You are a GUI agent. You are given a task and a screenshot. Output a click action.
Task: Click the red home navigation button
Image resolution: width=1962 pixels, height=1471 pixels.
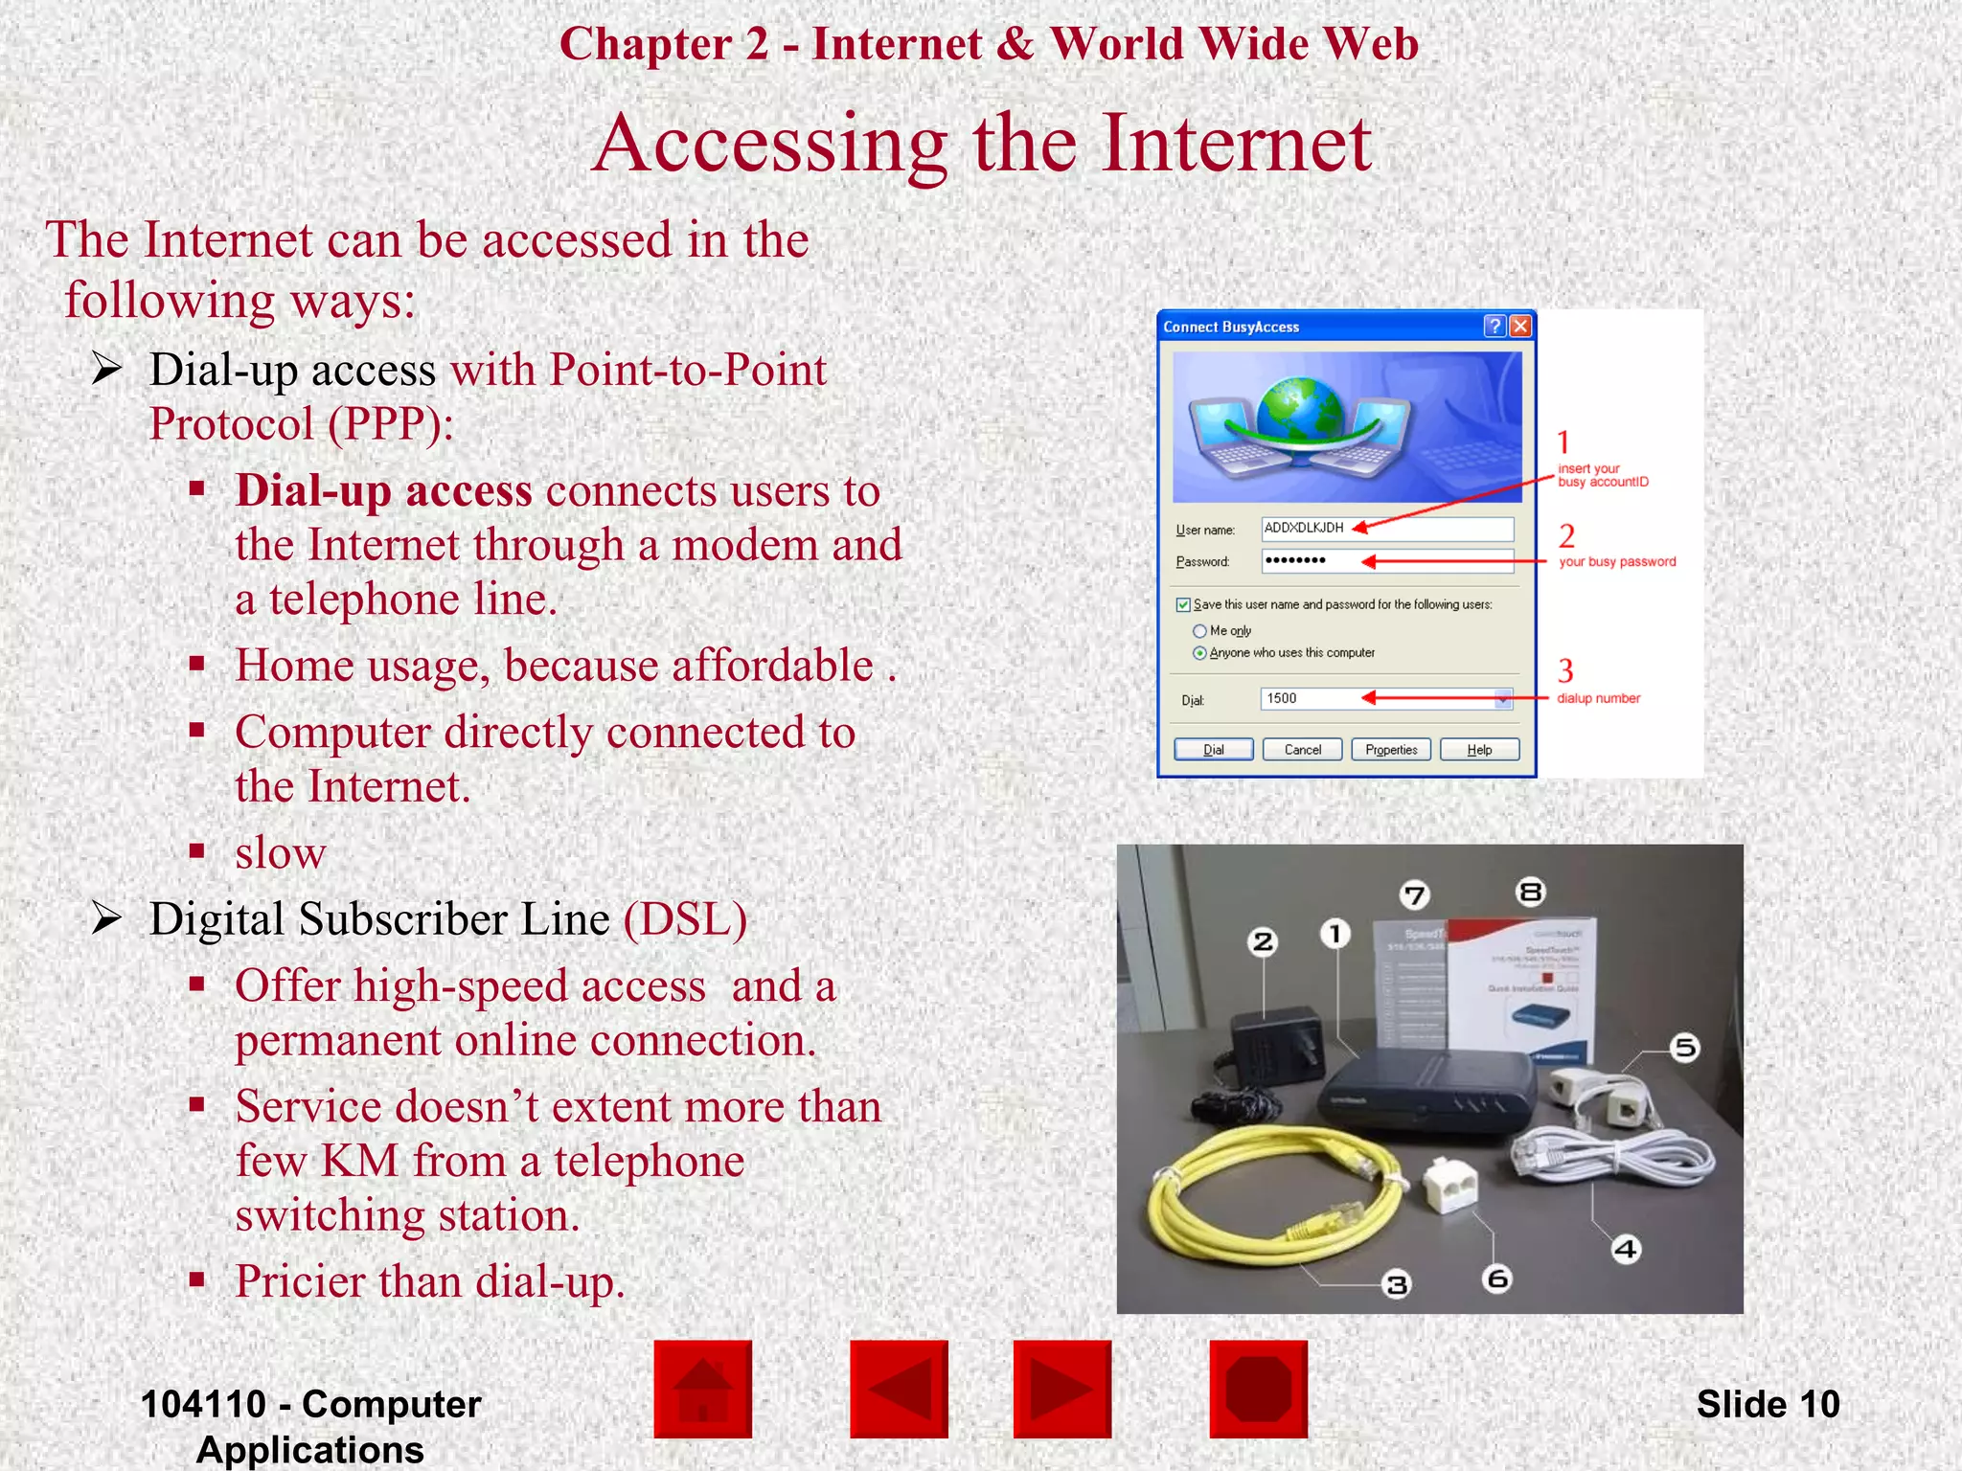702,1389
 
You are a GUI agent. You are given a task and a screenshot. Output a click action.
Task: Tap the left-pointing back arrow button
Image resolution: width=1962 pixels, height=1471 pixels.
899,1389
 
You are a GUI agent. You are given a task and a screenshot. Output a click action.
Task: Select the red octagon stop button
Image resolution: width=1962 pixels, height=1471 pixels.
1258,1389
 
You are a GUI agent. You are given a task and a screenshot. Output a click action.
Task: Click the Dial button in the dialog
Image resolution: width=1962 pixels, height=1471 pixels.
1213,749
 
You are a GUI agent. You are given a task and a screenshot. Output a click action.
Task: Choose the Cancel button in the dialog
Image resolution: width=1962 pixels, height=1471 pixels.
1302,749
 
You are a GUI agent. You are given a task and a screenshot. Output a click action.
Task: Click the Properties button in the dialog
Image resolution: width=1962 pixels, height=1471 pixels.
1391,749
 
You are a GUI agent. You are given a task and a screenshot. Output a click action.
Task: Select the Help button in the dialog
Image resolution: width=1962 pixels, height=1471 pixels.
1479,749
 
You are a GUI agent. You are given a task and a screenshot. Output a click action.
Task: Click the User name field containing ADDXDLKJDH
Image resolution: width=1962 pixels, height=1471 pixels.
1386,529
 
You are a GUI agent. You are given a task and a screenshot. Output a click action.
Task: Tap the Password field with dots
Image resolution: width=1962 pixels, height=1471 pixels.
1386,560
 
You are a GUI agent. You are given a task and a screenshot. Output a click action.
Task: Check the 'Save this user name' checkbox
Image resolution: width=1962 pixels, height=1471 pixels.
1183,604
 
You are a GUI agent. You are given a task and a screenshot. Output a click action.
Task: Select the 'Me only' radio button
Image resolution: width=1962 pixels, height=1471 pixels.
1199,631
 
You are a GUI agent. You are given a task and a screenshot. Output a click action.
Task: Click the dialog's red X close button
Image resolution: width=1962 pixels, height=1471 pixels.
1519,327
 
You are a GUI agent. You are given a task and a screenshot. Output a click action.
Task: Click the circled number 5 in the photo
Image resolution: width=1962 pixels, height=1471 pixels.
1684,1048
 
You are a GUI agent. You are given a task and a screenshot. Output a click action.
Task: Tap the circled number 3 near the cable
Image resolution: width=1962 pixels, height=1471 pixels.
1397,1284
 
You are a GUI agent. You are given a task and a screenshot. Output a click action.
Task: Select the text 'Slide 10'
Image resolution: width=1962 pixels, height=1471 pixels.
1768,1404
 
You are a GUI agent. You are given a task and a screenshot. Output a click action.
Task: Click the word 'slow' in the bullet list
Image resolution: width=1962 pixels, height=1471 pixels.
281,852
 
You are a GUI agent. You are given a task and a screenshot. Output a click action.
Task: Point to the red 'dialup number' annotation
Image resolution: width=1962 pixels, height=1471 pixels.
1598,698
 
